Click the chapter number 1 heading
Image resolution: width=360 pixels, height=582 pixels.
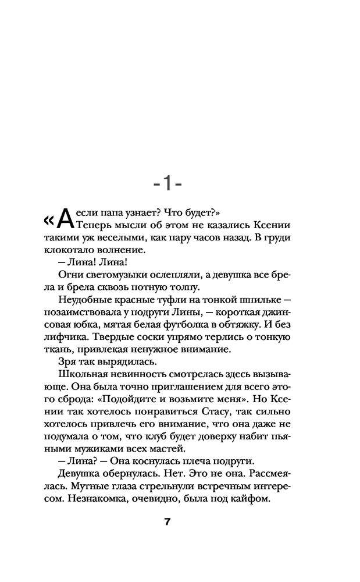167,184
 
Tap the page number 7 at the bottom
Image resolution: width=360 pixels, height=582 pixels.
167,521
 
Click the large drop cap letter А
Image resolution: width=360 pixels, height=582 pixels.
67,219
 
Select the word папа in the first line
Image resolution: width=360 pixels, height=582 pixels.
108,212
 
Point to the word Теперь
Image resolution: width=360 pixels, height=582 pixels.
94,225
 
